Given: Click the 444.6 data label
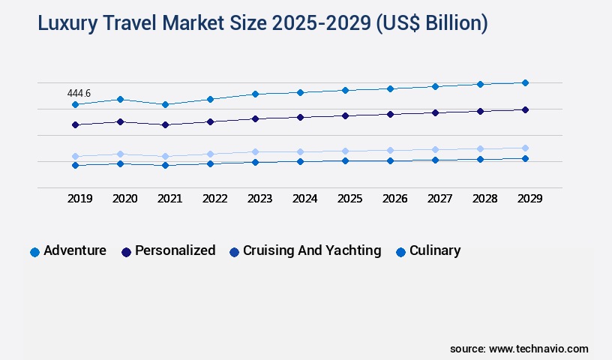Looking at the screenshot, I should [x=79, y=93].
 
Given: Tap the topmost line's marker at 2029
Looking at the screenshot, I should [x=525, y=82].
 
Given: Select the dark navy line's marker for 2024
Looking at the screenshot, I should [x=300, y=117].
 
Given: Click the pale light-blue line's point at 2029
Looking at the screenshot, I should [x=525, y=148].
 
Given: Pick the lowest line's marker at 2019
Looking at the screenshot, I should [x=75, y=165].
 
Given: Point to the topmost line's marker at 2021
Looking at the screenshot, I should [x=165, y=104].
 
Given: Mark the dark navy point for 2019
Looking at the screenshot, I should [x=75, y=124].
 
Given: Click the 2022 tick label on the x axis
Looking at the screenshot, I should [x=214, y=199].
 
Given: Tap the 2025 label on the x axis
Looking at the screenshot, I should [x=349, y=199].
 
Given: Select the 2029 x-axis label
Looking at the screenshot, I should [x=529, y=199].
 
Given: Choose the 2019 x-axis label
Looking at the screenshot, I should [x=79, y=199].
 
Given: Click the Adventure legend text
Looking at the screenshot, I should [x=75, y=250].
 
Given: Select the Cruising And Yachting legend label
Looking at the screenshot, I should [x=312, y=250].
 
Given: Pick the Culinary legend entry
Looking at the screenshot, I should [x=435, y=250].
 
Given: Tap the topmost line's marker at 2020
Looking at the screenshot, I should [x=120, y=99].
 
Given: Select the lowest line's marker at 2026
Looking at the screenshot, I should [x=390, y=160].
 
